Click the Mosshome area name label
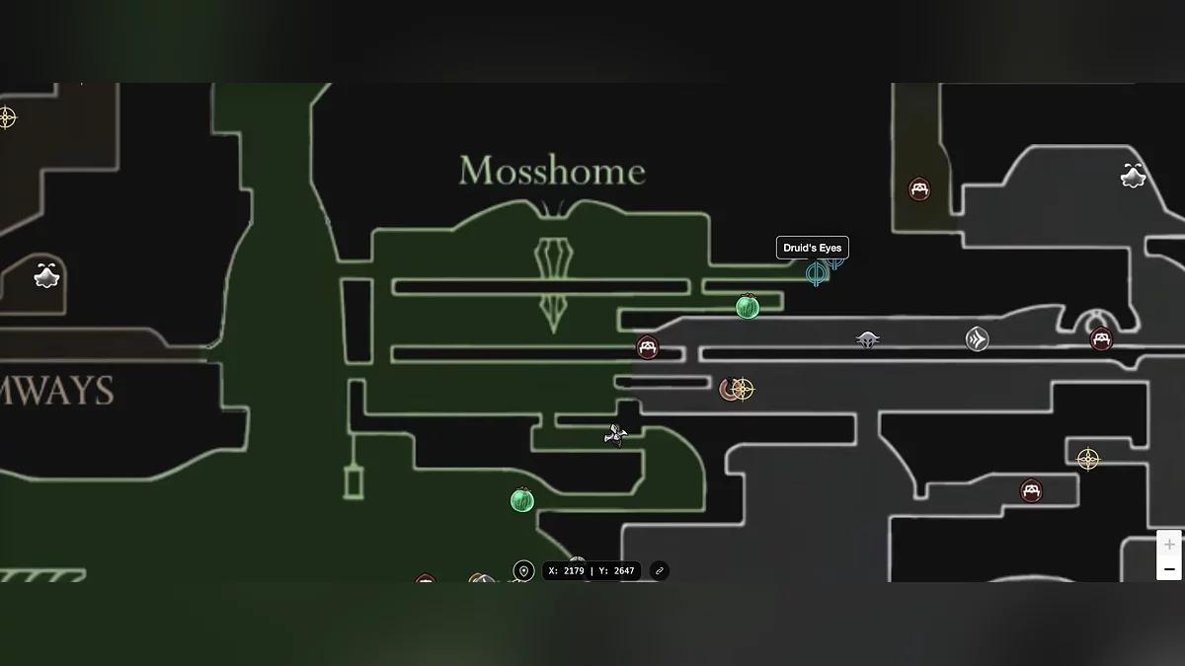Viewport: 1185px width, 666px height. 552,172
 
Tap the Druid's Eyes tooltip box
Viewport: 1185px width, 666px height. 813,248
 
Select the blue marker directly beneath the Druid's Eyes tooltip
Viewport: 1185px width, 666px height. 816,273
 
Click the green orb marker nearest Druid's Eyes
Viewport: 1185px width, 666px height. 748,307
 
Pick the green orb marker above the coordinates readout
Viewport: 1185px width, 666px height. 522,500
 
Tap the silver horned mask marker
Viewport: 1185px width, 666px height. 867,339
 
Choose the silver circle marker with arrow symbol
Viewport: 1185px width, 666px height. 977,339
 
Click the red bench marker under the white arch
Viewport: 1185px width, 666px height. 1101,339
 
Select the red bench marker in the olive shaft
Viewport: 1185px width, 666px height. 919,189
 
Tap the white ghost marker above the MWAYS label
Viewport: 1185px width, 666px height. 46,275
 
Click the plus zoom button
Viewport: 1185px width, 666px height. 1169,545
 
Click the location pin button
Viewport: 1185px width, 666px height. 524,571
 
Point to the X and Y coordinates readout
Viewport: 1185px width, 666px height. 592,571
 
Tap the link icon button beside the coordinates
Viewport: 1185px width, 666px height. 660,571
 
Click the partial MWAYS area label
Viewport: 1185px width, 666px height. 56,392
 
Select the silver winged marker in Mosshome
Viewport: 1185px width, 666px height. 615,435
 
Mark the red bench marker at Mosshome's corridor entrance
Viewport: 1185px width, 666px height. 647,347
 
